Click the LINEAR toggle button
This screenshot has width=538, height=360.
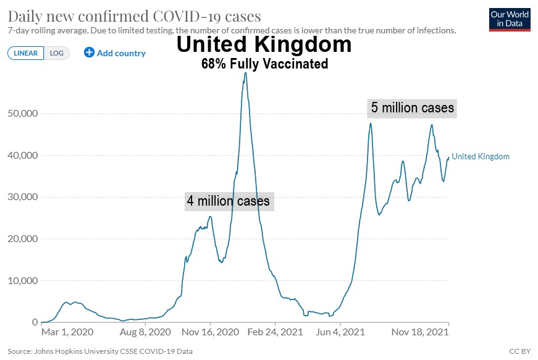click(25, 53)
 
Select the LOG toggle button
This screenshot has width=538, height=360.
click(56, 53)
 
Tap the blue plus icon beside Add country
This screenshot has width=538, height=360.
click(89, 52)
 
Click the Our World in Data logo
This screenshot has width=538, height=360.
click(510, 19)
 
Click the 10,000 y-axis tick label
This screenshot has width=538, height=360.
click(22, 280)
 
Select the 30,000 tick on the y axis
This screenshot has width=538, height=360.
click(22, 197)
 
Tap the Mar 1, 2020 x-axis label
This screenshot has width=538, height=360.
click(67, 332)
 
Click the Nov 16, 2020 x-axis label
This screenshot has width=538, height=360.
click(210, 332)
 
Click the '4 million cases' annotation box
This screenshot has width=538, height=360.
click(229, 201)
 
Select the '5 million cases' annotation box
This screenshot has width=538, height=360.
click(413, 108)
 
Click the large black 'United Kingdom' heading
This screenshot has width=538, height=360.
click(264, 44)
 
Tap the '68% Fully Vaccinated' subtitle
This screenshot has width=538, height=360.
click(264, 64)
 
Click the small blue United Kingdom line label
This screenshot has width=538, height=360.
click(481, 157)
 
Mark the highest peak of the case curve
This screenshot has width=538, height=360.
click(245, 73)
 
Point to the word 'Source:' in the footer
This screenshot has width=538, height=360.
click(20, 351)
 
